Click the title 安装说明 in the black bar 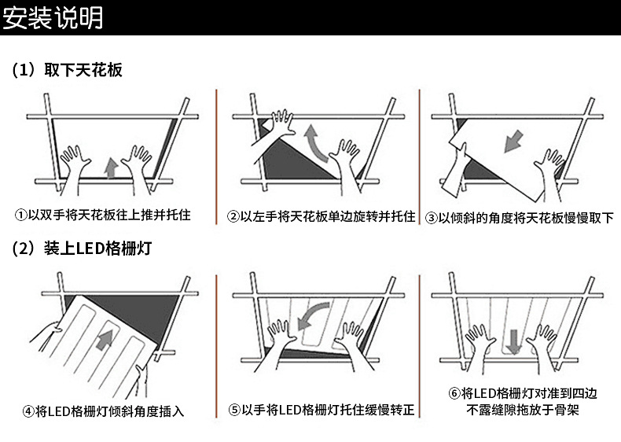click(53, 18)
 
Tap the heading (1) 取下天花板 click(67, 70)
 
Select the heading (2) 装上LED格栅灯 click(82, 249)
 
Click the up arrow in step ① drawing click(112, 168)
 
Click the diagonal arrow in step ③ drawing click(513, 141)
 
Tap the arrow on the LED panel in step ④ click(105, 340)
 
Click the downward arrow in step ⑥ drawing click(513, 341)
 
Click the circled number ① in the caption click(20, 215)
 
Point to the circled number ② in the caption click(233, 217)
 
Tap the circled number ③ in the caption click(432, 218)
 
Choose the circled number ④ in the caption click(28, 411)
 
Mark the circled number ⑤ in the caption click(234, 410)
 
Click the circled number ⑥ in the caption click(454, 394)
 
